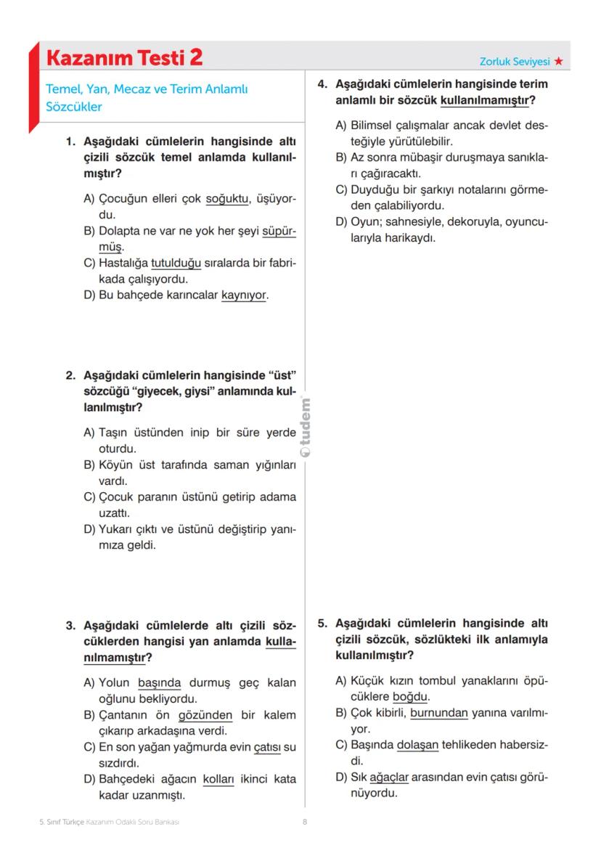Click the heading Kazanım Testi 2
click(x=124, y=57)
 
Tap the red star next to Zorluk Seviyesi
click(x=558, y=62)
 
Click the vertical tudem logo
click(x=306, y=428)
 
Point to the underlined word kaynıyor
click(x=244, y=295)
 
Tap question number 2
click(x=70, y=376)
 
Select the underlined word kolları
click(x=218, y=779)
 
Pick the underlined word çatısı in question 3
click(x=266, y=747)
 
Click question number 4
click(x=323, y=84)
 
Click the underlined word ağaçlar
click(x=389, y=777)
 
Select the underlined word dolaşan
click(x=418, y=745)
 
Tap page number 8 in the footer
click(x=305, y=823)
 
